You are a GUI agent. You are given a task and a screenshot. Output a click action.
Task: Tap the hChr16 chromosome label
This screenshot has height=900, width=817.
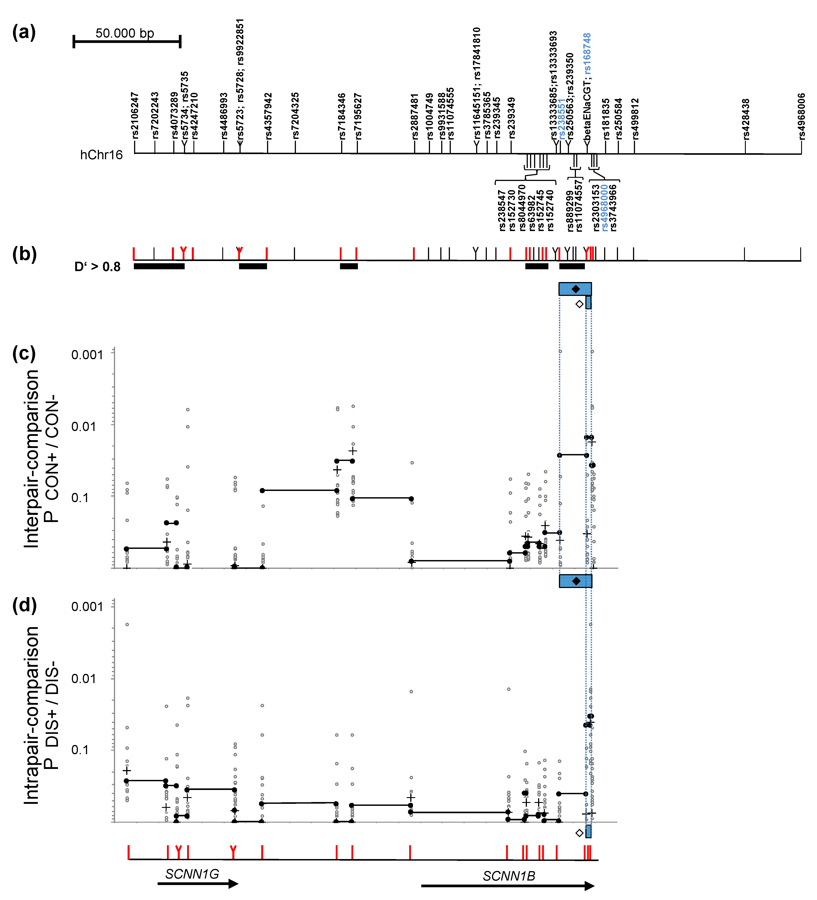tap(101, 155)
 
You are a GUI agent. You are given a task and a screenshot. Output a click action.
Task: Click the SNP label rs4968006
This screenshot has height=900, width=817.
tap(802, 116)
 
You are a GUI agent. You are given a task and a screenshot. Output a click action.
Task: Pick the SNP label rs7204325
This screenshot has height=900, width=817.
tap(295, 115)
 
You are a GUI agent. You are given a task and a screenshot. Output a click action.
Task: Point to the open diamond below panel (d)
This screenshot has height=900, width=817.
tap(579, 833)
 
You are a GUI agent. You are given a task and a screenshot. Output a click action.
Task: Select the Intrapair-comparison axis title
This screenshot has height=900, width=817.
tap(31, 716)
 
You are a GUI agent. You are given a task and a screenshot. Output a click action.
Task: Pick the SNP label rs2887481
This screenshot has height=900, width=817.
tap(415, 116)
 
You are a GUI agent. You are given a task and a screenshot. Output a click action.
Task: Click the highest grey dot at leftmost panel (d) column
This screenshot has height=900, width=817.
tap(127, 624)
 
